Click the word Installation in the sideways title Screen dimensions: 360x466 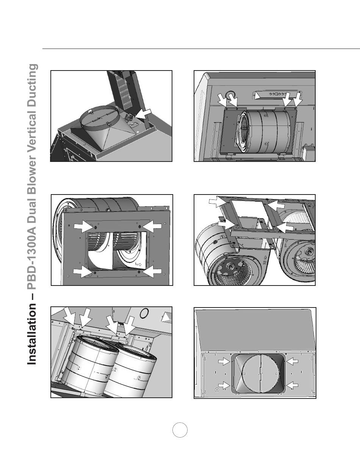click(32, 334)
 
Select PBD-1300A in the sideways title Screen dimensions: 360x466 click(32, 255)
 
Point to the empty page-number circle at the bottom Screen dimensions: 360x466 click(180, 430)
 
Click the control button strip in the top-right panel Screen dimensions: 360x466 click(278, 94)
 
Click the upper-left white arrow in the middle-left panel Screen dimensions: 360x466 click(83, 227)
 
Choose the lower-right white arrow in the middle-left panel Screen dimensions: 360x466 click(152, 272)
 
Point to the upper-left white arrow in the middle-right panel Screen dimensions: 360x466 click(217, 202)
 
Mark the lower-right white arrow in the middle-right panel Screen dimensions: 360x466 click(285, 228)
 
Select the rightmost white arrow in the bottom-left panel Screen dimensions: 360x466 click(130, 325)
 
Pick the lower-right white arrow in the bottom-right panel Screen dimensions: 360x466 click(292, 386)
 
